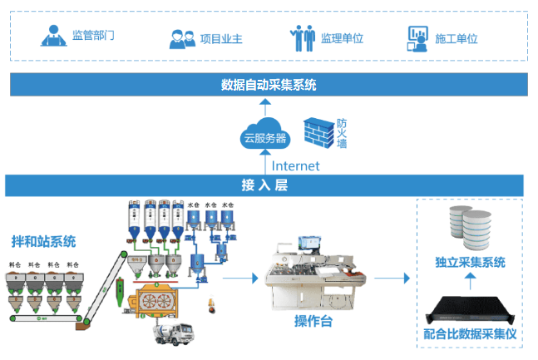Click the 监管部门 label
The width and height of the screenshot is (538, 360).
pyautogui.click(x=92, y=36)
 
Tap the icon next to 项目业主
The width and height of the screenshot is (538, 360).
pyautogui.click(x=182, y=38)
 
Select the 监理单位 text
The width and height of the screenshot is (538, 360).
pyautogui.click(x=342, y=38)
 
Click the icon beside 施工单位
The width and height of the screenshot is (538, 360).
pyautogui.click(x=417, y=37)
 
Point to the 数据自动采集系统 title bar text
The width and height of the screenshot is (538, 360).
pyautogui.click(x=269, y=85)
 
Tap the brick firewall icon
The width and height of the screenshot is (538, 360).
pyautogui.click(x=318, y=131)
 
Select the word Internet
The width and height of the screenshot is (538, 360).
pyautogui.click(x=295, y=165)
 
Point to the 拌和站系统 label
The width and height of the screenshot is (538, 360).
pyautogui.click(x=43, y=242)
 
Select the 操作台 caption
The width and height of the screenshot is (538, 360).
pyautogui.click(x=313, y=321)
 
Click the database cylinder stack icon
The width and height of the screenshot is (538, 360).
pyautogui.click(x=470, y=227)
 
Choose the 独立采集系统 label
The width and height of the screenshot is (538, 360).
pyautogui.click(x=470, y=263)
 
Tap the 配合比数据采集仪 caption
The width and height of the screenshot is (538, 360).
pyautogui.click(x=470, y=335)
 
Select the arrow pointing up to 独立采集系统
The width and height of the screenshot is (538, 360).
pyautogui.click(x=470, y=284)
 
